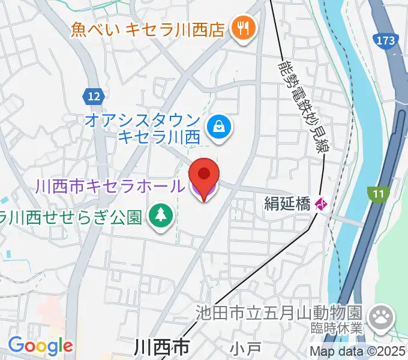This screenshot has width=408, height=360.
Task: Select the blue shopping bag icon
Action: pos(217,126)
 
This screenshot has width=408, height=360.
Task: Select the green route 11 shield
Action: pos(379,193)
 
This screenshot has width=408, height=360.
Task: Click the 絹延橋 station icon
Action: pos(321,205)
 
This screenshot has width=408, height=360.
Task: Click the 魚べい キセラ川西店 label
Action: pos(147,29)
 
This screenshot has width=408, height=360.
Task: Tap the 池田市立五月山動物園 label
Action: pos(280,313)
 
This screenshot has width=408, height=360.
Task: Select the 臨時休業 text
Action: pos(338,328)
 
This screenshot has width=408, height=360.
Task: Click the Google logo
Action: pos(40,346)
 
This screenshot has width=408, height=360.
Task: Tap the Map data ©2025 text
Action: pos(358,351)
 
